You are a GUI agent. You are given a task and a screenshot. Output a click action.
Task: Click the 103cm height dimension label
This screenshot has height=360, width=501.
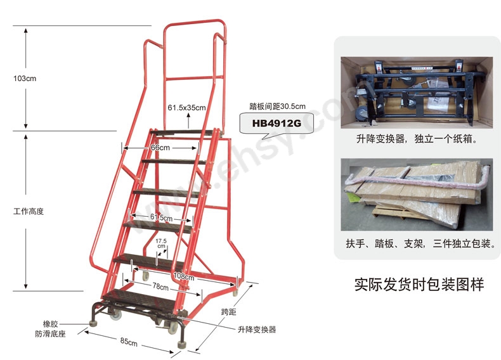click(x=25, y=79)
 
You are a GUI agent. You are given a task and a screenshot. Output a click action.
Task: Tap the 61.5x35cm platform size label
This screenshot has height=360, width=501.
click(x=186, y=107)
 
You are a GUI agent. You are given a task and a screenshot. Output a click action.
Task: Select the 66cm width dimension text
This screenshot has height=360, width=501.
click(x=160, y=148)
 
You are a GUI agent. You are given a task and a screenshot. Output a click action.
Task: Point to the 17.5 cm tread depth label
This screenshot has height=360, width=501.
click(x=160, y=243)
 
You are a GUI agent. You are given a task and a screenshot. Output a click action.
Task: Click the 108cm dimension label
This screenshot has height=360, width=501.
click(x=183, y=276)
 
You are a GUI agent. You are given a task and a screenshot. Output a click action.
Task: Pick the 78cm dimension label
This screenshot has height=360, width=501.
click(x=160, y=287)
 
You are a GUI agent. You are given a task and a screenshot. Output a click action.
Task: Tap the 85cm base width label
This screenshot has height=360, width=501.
click(x=129, y=343)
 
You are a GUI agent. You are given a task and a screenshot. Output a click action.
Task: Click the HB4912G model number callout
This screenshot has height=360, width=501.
click(x=276, y=124)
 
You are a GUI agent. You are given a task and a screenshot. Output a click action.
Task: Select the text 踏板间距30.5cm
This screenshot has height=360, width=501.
click(x=278, y=106)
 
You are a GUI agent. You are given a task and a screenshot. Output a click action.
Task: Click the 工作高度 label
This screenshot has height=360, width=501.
click(x=28, y=211)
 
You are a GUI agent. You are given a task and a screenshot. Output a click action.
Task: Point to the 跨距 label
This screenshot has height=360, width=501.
click(x=228, y=312)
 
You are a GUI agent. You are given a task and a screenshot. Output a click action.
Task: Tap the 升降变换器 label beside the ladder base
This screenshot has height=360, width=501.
click(x=257, y=330)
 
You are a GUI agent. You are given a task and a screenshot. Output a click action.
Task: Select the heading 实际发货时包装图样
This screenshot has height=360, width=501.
click(x=419, y=285)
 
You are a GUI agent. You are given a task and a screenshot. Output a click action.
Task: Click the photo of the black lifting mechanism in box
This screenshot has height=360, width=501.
click(x=416, y=93)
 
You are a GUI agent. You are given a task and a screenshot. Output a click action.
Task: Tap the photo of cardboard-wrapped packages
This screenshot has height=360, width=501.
click(x=416, y=195)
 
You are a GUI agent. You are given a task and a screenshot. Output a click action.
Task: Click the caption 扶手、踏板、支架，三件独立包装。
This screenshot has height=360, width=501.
click(x=419, y=244)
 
